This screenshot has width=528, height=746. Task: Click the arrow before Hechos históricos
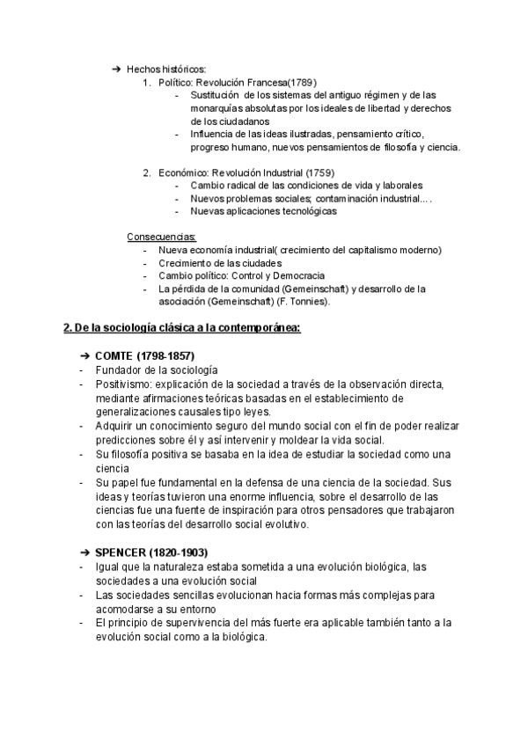click(117, 69)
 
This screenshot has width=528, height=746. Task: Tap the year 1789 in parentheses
click(302, 82)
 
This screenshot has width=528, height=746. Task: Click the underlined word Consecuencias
click(162, 237)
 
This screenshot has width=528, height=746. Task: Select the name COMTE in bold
click(115, 355)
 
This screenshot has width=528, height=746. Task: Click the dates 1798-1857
click(167, 355)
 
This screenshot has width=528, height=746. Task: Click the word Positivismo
click(123, 385)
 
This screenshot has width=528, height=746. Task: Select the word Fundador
click(119, 370)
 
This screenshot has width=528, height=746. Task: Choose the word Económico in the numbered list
click(181, 172)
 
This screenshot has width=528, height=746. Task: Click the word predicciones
click(126, 440)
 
